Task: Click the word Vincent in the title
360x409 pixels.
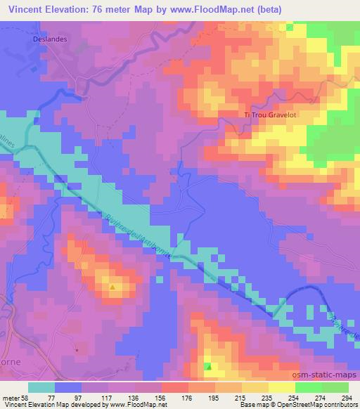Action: click(27, 8)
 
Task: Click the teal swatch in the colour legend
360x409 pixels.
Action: click(41, 387)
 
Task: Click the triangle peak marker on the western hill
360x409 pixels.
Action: click(112, 287)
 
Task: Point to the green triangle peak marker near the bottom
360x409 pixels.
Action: click(208, 366)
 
